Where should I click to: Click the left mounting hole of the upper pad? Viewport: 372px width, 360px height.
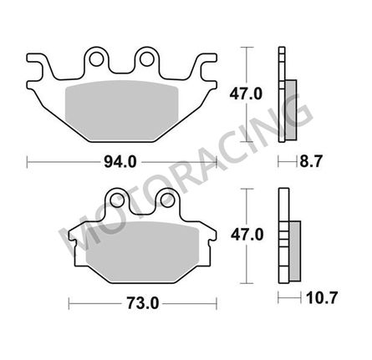coord(99,59)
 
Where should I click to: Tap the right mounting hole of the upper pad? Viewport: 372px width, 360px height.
coord(147,59)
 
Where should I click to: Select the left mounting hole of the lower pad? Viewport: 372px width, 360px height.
coord(116,200)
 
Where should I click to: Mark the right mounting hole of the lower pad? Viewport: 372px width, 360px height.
coord(164,200)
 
